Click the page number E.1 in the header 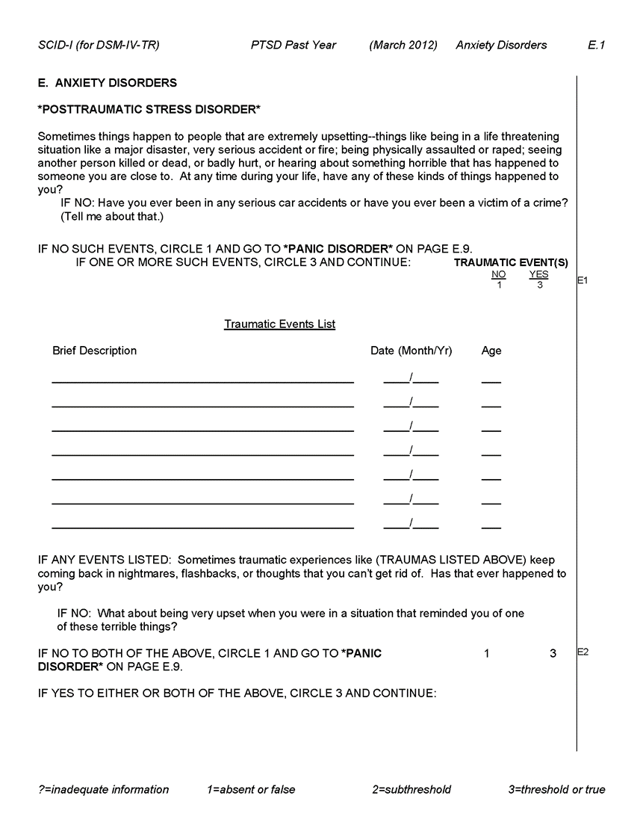tap(596, 45)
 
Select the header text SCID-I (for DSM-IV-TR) tap(98, 45)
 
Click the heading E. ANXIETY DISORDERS tap(107, 83)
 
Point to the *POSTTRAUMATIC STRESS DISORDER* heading tap(149, 109)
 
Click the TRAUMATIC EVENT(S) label tap(511, 263)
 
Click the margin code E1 tap(583, 281)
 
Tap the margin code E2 tap(583, 652)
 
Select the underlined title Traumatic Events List tap(279, 324)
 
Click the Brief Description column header tap(94, 350)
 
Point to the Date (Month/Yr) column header tap(411, 350)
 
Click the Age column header tap(491, 350)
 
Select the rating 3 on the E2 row tap(553, 654)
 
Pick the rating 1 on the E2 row tap(487, 654)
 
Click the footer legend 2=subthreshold tap(411, 789)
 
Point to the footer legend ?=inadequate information tap(103, 789)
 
